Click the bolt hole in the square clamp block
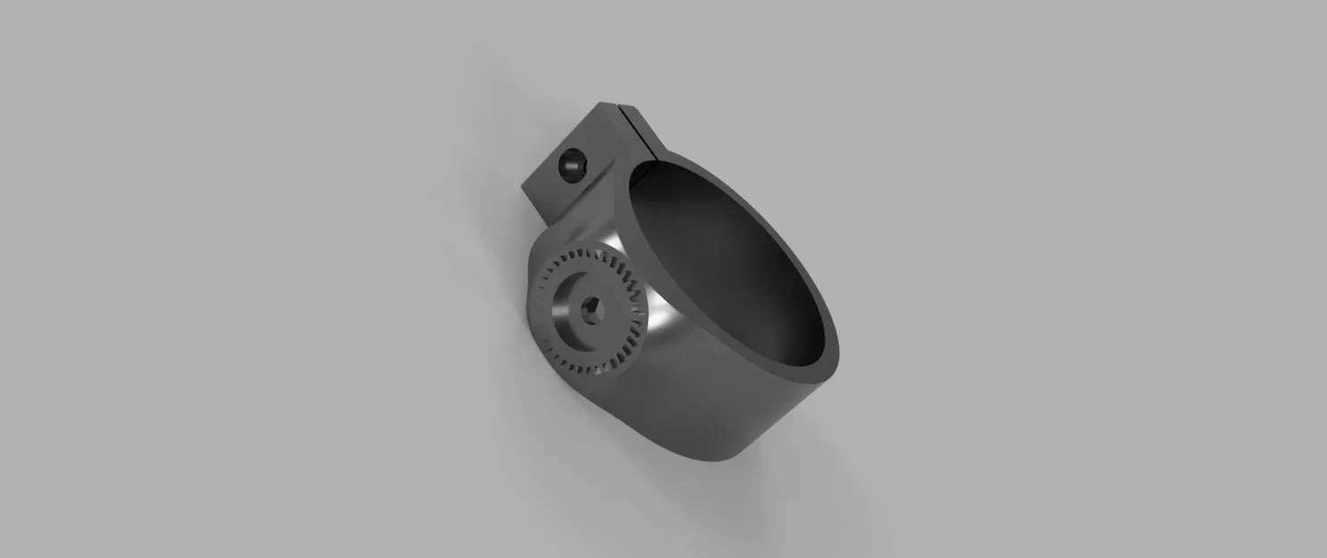coord(569,166)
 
